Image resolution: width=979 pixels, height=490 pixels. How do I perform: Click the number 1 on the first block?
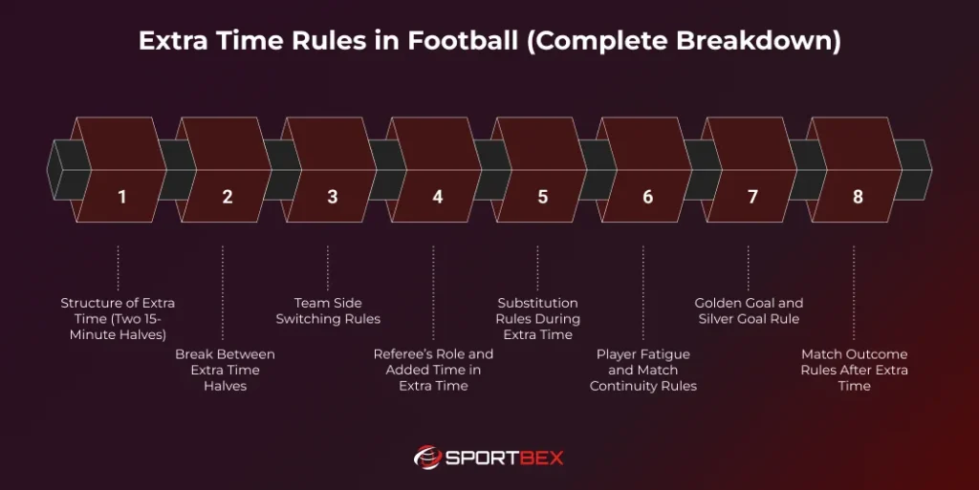pyautogui.click(x=121, y=197)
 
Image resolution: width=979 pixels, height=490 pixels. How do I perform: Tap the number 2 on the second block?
pyautogui.click(x=227, y=197)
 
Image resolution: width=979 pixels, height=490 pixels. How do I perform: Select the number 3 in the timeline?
pyautogui.click(x=332, y=197)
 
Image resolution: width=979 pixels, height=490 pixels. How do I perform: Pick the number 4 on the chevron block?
pyautogui.click(x=437, y=197)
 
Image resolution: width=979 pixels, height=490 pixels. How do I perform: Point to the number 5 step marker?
pyautogui.click(x=542, y=197)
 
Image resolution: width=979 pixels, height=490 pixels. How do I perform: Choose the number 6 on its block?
pyautogui.click(x=647, y=197)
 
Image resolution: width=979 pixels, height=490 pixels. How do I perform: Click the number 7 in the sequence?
pyautogui.click(x=752, y=197)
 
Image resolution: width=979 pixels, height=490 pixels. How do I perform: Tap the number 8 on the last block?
pyautogui.click(x=858, y=197)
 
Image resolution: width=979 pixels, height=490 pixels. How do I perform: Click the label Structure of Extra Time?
pyautogui.click(x=118, y=319)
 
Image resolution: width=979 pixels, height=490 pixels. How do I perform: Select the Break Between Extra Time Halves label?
pyautogui.click(x=225, y=370)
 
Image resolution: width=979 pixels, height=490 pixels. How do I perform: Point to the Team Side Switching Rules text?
pyautogui.click(x=328, y=310)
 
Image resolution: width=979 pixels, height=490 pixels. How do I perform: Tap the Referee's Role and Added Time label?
pyautogui.click(x=433, y=370)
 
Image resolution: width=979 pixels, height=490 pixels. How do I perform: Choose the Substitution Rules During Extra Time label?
pyautogui.click(x=537, y=318)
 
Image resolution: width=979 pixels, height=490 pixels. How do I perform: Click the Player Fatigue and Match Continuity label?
pyautogui.click(x=643, y=370)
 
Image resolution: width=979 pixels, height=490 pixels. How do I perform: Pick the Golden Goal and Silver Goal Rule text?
pyautogui.click(x=749, y=310)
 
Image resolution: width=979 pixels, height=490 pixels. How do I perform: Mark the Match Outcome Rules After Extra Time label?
pyautogui.click(x=854, y=370)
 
